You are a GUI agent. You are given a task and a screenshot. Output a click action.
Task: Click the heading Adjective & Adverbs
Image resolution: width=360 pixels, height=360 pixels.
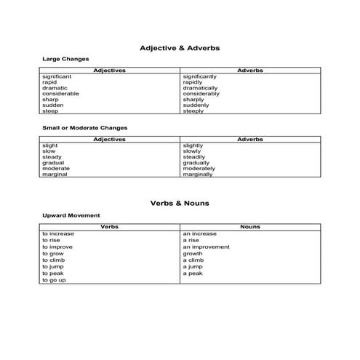180,48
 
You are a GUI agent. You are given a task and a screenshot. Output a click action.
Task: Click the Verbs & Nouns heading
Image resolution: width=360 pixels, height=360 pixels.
180,204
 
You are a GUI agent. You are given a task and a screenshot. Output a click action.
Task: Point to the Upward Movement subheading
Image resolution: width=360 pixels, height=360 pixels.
71,216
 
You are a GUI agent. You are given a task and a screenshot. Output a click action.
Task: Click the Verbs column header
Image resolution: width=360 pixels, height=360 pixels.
109,227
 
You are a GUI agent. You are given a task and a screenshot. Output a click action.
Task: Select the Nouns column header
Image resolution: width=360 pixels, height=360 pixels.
249,227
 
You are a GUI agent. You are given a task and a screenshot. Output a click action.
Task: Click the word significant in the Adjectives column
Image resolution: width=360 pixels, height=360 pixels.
57,76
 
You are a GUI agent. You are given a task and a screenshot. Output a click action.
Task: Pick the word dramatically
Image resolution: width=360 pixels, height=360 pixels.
200,88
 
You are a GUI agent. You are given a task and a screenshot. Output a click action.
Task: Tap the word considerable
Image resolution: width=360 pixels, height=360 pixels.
60,94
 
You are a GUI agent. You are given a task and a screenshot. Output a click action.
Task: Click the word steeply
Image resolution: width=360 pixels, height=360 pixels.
193,111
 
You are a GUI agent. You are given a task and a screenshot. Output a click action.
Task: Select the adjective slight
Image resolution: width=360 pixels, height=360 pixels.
49,145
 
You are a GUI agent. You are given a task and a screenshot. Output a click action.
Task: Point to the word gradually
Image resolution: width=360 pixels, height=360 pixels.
196,163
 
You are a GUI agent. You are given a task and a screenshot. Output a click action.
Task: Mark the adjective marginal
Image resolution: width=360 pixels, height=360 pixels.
55,175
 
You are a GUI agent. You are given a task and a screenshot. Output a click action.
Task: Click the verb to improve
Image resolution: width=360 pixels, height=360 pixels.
57,247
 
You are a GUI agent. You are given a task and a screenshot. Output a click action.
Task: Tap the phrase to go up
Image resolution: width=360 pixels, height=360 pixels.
54,280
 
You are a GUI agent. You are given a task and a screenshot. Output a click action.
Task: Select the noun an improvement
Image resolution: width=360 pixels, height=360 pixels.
206,247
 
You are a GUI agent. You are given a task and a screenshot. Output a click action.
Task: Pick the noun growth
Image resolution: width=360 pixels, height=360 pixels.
193,254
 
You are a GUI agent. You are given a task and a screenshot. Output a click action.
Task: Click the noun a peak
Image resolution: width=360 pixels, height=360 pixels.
193,273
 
